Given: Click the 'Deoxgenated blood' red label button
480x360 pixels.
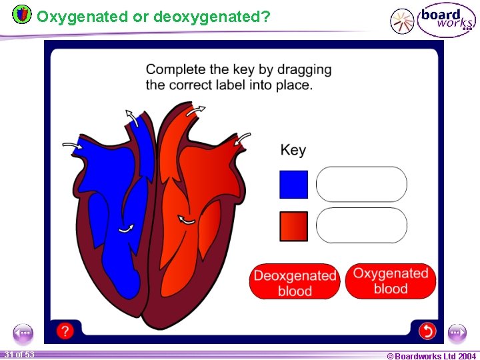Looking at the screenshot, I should point(295,283).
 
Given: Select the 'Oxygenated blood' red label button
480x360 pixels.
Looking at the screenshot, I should point(391,281).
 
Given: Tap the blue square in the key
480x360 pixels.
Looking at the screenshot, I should point(293,185).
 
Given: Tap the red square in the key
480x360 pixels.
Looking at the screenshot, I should point(293,226).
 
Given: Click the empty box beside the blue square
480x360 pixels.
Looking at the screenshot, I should point(361,185).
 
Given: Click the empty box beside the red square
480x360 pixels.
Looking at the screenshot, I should point(361,225).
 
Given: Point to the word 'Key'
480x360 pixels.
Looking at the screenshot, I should point(293,150).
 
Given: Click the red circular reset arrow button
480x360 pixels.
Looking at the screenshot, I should point(427,330).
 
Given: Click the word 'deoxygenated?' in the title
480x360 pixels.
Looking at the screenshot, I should point(211,17).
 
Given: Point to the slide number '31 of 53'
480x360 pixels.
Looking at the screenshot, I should point(19,355).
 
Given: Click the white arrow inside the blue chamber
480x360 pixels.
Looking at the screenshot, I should point(125,228).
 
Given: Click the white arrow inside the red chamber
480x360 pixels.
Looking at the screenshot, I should point(187,219).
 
